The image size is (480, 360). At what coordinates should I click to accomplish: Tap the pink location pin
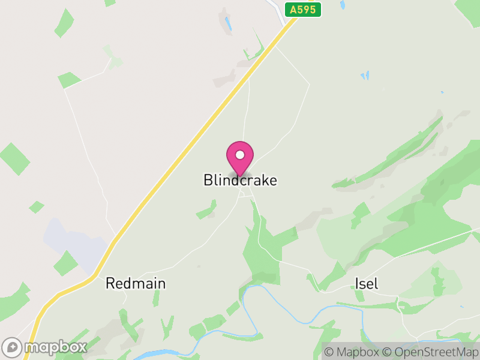[240, 158]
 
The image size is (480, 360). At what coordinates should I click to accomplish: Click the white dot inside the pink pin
[240, 155]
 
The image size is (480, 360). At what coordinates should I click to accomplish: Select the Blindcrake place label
[240, 180]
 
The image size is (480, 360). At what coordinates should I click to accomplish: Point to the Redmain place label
[136, 283]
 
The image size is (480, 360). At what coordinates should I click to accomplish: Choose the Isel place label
[367, 283]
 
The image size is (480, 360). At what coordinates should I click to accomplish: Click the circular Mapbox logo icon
[13, 347]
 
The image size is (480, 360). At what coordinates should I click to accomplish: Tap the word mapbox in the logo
[56, 347]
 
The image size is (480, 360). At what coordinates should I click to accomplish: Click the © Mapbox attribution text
[353, 352]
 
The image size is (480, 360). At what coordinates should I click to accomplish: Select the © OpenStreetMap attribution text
[430, 352]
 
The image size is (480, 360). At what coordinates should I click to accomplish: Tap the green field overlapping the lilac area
[65, 263]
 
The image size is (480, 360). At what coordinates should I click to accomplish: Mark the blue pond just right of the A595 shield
[343, 5]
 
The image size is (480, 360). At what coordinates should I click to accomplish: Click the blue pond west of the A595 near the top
[228, 25]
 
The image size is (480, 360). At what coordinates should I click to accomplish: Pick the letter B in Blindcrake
[208, 180]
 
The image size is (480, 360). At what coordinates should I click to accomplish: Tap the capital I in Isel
[357, 283]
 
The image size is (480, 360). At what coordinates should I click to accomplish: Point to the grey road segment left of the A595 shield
[280, 10]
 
